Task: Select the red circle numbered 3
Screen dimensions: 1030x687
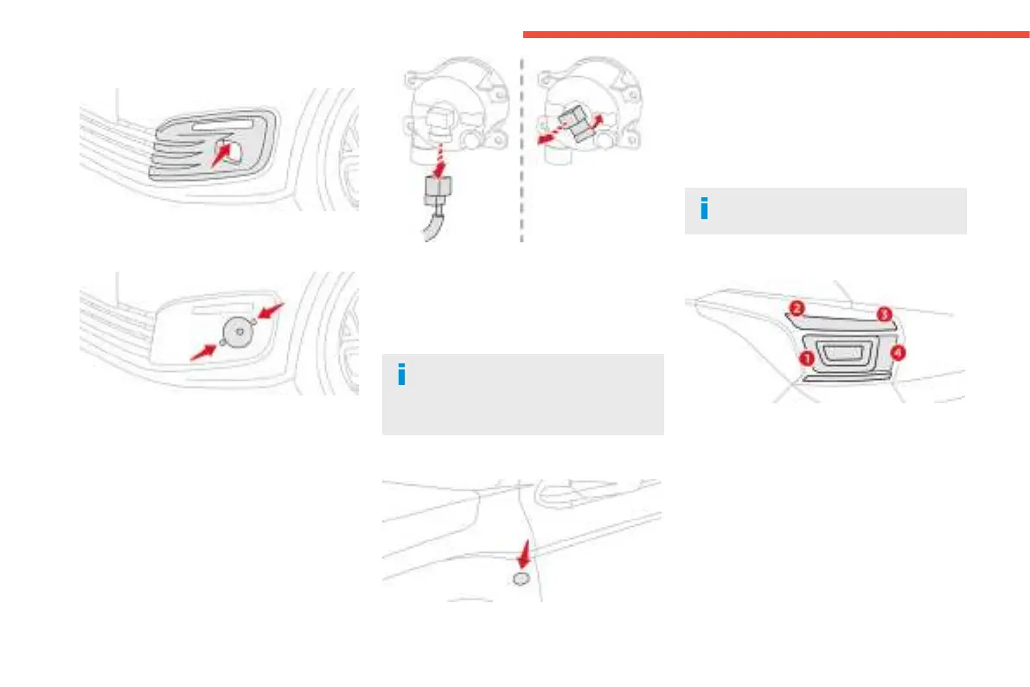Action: point(884,315)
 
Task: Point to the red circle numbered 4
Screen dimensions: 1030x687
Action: point(899,353)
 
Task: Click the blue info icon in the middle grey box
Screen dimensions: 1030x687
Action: point(400,375)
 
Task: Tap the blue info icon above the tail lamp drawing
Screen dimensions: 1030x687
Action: point(703,209)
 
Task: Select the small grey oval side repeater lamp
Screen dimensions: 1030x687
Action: point(521,578)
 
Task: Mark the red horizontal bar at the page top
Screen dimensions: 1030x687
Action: point(775,35)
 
